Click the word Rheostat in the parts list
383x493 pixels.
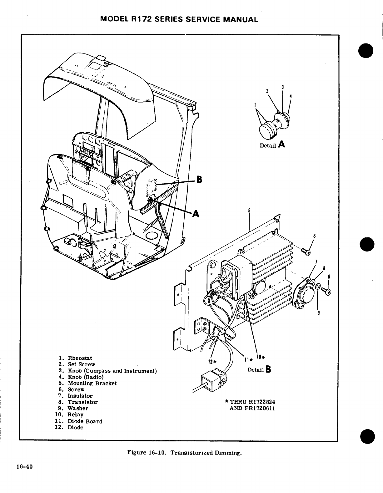80,358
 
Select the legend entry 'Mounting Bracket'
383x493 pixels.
92,383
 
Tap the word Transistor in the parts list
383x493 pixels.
83,402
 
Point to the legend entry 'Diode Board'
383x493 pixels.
85,421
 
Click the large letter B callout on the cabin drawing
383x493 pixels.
199,179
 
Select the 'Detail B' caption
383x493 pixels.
259,369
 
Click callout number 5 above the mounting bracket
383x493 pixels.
249,211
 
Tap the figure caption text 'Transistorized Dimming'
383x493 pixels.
206,453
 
